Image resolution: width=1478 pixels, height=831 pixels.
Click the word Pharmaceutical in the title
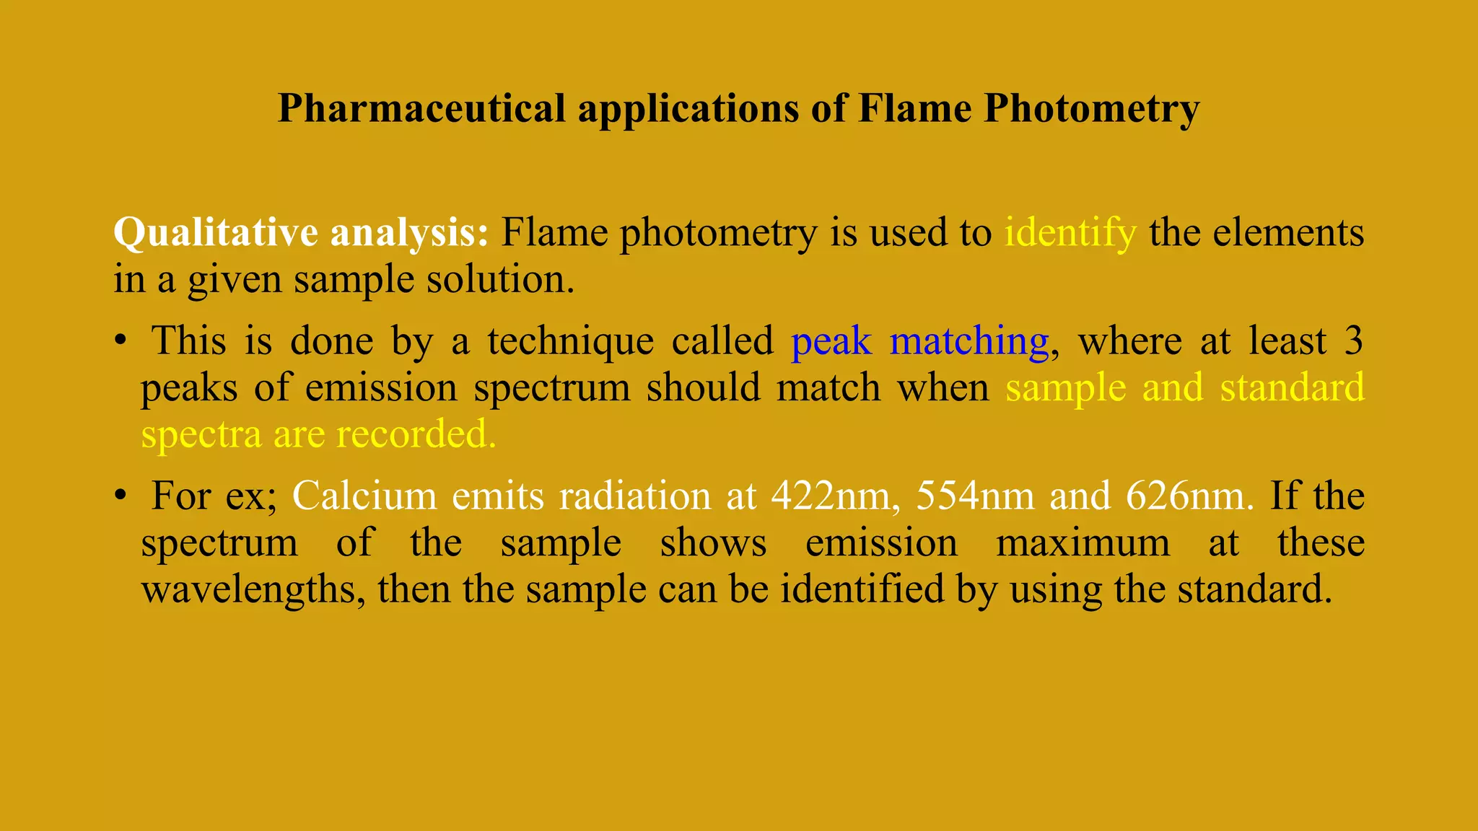click(x=421, y=110)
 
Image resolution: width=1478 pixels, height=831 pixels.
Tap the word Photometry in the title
click(x=1091, y=110)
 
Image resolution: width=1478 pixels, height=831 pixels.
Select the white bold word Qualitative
click(x=215, y=234)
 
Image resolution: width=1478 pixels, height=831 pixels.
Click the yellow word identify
click(x=1070, y=234)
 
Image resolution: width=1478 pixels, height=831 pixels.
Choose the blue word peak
click(x=831, y=341)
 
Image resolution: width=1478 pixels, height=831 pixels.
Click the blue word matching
click(x=969, y=341)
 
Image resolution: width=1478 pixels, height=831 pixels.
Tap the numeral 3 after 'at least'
click(x=1354, y=341)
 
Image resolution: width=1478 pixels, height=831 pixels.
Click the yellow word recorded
click(x=416, y=434)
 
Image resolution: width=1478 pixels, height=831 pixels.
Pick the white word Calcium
click(x=364, y=496)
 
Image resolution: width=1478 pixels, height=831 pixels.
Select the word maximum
click(x=1083, y=542)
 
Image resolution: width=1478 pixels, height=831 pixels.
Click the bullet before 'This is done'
click(x=121, y=341)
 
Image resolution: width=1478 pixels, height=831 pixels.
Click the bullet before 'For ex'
click(x=121, y=496)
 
